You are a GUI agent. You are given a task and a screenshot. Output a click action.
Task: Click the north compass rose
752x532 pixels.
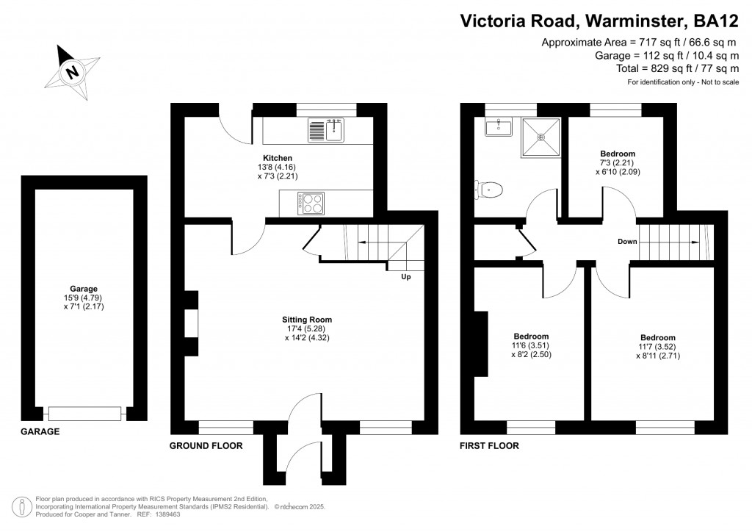coord(71,72)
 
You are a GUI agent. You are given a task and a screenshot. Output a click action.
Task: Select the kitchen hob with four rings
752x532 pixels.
coord(311,203)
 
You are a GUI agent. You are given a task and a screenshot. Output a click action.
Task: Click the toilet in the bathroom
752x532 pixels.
coord(490,190)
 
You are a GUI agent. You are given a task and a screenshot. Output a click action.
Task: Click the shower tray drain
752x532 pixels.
coord(541,136)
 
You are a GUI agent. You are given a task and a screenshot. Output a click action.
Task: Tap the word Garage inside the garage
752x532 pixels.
coord(84,289)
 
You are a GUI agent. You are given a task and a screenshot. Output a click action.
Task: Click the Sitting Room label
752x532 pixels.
coord(307,320)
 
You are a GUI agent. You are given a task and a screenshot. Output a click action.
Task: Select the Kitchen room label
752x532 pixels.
coord(278,158)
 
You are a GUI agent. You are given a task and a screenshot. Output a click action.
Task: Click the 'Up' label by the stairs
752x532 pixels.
coord(405,277)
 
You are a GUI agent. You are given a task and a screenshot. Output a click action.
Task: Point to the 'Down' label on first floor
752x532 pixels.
coord(627,241)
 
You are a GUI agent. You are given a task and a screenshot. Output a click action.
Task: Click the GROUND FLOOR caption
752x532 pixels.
coord(206,446)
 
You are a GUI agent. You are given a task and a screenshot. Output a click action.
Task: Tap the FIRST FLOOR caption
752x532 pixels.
coord(489,446)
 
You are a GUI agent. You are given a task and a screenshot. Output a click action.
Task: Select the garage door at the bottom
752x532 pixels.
coord(84,414)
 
